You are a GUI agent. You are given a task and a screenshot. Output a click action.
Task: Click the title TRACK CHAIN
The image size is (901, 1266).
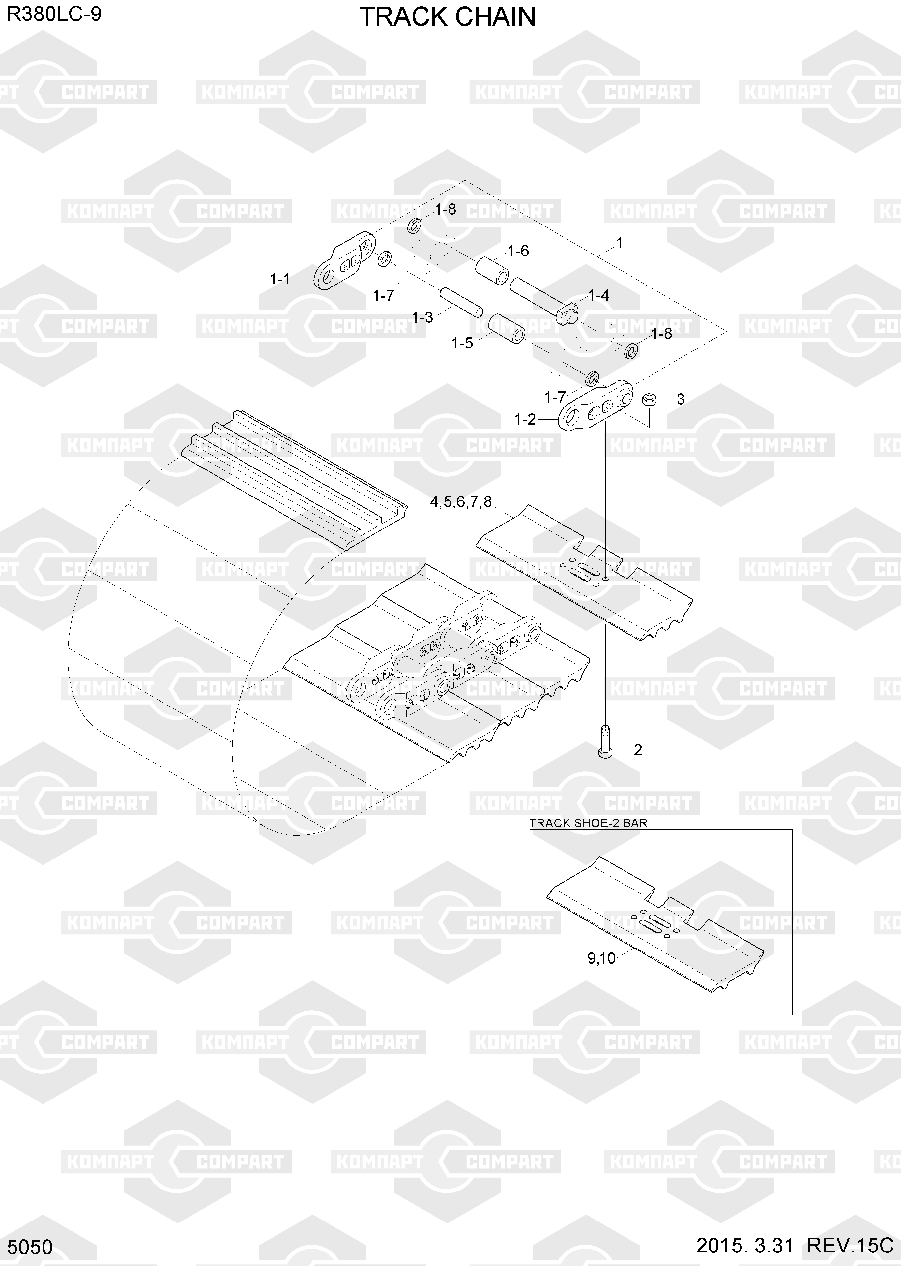(x=447, y=17)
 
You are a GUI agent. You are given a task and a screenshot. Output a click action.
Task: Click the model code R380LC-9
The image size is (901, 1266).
(x=54, y=15)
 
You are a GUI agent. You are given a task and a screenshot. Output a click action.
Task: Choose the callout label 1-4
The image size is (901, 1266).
(x=598, y=295)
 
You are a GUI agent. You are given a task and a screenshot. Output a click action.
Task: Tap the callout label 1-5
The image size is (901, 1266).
(x=462, y=344)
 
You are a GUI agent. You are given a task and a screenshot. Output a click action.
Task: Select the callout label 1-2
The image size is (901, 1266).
(x=525, y=420)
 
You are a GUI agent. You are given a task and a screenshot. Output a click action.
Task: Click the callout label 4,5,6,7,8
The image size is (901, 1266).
(x=461, y=502)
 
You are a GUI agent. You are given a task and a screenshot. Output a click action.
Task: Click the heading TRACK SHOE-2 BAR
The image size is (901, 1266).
(x=588, y=823)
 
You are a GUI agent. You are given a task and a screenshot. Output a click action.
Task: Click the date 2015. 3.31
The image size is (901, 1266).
(x=744, y=1246)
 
